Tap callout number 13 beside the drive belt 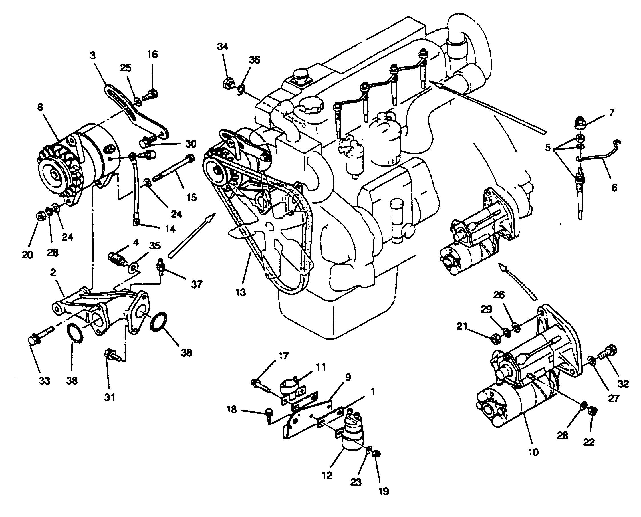240,293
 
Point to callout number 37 197,284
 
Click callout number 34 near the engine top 223,47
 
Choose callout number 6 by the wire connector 614,188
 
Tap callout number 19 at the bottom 384,491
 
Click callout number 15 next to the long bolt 191,197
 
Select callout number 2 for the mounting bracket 53,273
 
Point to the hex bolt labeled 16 151,96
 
